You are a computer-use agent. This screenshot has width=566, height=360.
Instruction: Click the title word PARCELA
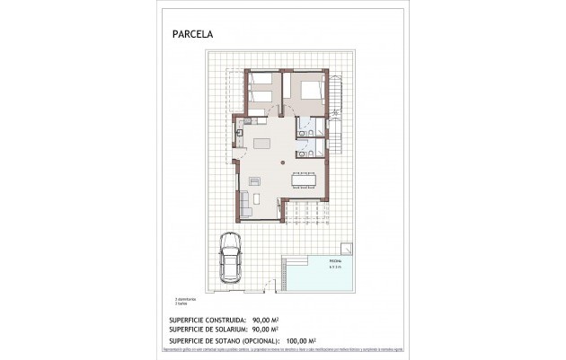point(193,35)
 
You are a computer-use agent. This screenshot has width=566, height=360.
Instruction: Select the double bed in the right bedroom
point(308,91)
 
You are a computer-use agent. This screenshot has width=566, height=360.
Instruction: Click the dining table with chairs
point(302,180)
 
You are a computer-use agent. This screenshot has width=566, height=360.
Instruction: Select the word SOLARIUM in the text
point(230,329)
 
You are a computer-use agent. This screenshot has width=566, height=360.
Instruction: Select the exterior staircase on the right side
point(340,117)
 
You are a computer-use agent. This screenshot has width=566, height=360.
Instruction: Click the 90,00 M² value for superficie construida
point(270,319)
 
